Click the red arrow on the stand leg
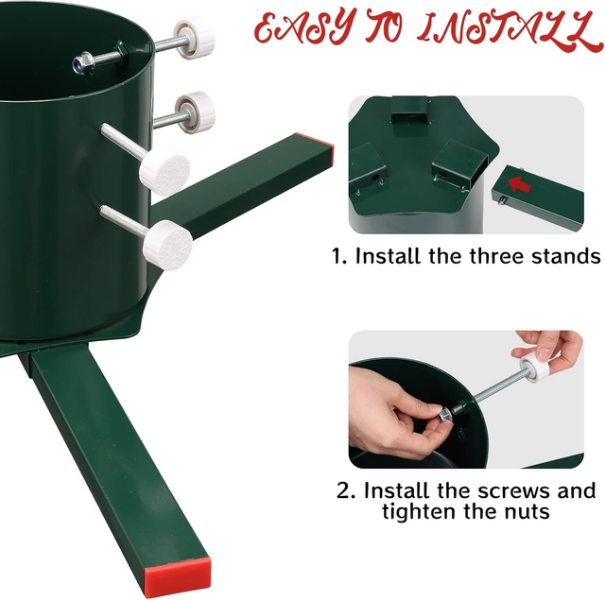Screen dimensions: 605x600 pyautogui.click(x=519, y=184)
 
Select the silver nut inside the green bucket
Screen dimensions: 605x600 pyautogui.click(x=84, y=63)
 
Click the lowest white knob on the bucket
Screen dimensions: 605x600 pyautogui.click(x=168, y=245)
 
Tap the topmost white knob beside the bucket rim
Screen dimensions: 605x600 pyautogui.click(x=194, y=38)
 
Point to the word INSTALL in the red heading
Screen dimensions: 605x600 pyautogui.click(x=510, y=30)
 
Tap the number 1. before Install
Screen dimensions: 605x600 pyautogui.click(x=339, y=256)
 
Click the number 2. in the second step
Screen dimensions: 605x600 pyautogui.click(x=346, y=491)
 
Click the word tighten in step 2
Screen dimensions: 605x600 pyautogui.click(x=419, y=512)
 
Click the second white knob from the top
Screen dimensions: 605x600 pyautogui.click(x=196, y=112)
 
